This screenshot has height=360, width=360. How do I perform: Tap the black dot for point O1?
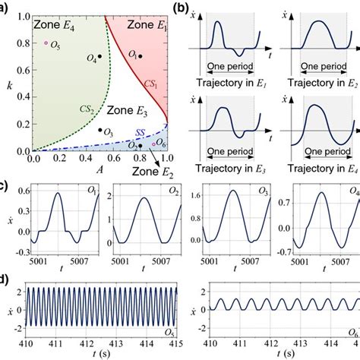click(x=141, y=56)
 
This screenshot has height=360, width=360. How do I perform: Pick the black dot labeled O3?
click(x=100, y=130)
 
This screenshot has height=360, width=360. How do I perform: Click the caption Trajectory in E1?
click(x=227, y=81)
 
